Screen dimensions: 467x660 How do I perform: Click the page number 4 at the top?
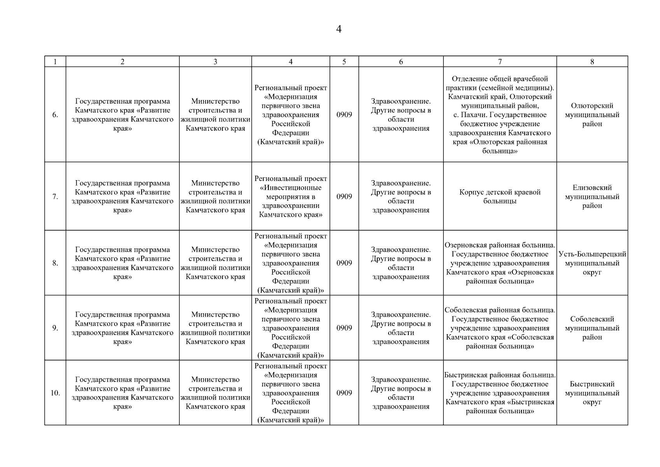coord(338,30)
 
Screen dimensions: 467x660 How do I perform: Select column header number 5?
coord(344,62)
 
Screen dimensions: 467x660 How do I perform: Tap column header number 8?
coord(592,62)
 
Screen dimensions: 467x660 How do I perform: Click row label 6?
coord(55,115)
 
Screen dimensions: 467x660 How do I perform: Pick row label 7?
coord(55,197)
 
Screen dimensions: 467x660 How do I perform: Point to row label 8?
coord(55,263)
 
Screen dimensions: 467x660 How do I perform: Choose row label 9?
coord(55,328)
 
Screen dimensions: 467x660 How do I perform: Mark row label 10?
coord(55,393)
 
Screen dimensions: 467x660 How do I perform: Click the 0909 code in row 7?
coord(344,197)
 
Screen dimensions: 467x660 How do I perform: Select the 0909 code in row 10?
coord(344,393)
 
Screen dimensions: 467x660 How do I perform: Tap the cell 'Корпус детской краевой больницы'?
coord(500,197)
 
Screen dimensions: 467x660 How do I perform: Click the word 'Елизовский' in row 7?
coord(592,188)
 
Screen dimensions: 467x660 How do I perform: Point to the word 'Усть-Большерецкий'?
coord(592,254)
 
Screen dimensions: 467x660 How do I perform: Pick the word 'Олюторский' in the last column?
coord(592,106)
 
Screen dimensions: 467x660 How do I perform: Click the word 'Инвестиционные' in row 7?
coord(291,188)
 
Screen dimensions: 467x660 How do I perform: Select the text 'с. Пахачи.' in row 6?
coord(470,115)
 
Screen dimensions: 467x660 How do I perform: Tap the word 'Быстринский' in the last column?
coord(592,384)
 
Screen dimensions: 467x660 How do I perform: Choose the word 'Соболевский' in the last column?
coord(592,319)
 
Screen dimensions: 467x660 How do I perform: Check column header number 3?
coord(215,62)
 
